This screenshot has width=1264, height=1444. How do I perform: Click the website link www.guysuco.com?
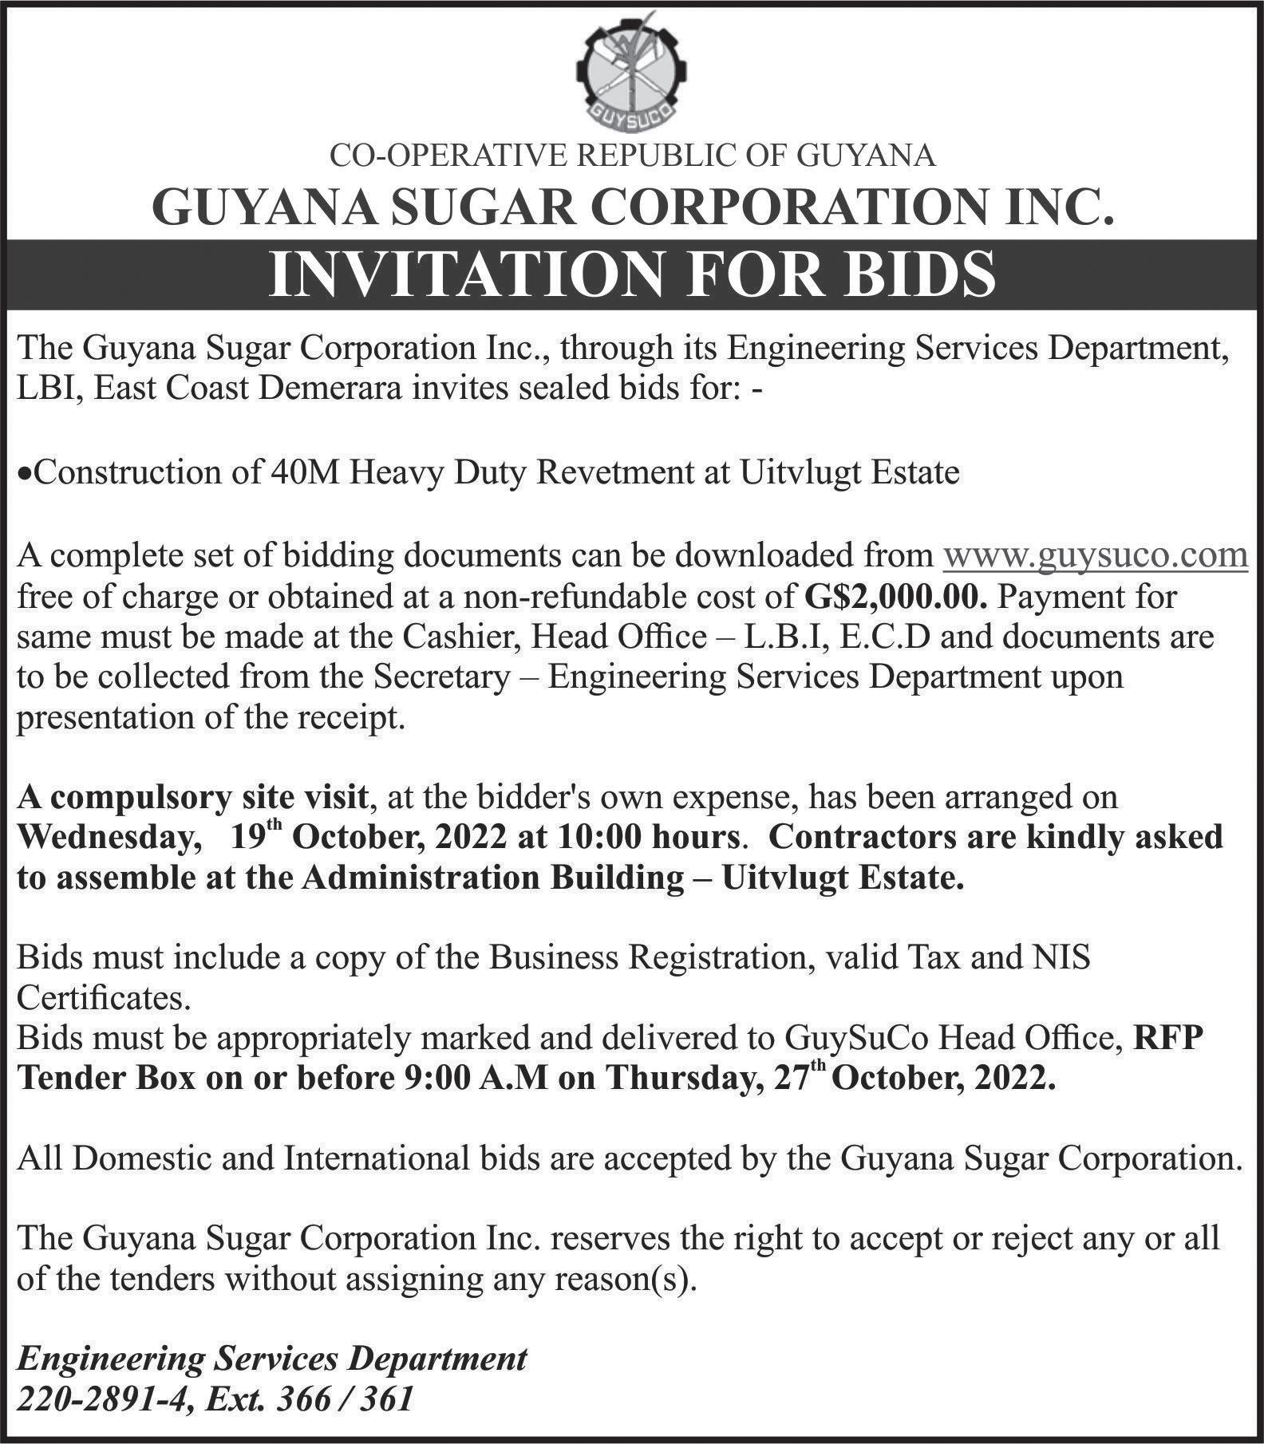click(1096, 554)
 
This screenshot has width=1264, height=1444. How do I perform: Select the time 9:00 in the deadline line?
click(432, 1079)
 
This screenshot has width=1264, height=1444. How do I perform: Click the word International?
click(376, 1158)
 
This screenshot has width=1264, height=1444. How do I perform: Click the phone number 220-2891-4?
click(97, 1399)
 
